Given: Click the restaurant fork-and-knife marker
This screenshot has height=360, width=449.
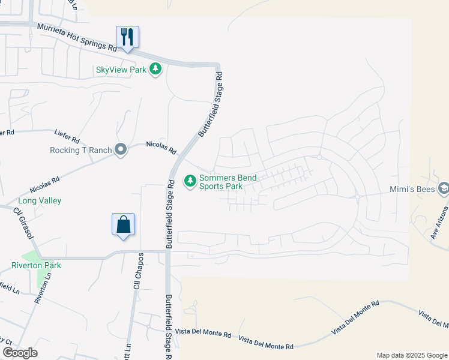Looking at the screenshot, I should [127, 37].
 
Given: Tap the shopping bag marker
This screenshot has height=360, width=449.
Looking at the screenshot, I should [123, 225].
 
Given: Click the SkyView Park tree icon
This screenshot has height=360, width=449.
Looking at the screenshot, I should [155, 69].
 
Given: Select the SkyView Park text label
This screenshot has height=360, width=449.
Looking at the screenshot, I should [121, 70].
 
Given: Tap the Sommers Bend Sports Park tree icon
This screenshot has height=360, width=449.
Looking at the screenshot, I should [190, 181].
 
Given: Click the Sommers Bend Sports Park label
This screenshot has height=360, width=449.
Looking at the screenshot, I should [228, 182].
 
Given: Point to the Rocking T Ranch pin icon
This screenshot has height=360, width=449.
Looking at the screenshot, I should [121, 149].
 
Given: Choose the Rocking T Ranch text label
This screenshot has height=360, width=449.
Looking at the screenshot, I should [81, 150].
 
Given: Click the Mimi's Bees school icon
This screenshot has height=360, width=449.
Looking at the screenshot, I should [444, 188].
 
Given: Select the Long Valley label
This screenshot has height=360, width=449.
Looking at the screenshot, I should [40, 200].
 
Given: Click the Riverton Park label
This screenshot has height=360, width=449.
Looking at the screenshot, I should [37, 265].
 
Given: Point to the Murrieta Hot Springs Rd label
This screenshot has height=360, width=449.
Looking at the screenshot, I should [76, 37].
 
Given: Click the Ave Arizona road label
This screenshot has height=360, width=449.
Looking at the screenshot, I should [439, 223].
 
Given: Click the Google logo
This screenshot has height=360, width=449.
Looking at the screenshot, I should [20, 353].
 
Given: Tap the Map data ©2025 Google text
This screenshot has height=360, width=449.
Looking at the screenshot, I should [412, 355].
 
